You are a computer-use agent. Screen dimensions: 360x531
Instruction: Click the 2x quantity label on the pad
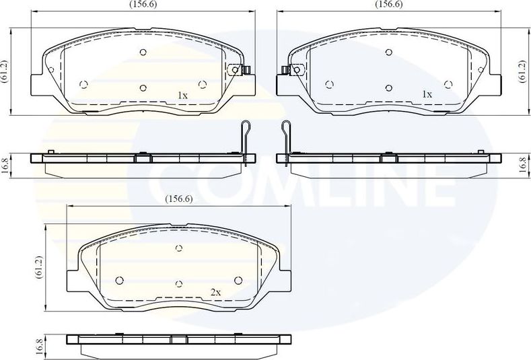click(x=215, y=293)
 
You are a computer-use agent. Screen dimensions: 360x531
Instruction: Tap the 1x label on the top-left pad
click(x=182, y=96)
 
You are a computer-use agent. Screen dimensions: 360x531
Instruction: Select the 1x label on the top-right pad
click(x=427, y=95)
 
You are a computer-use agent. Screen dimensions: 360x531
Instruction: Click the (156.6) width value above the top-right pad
click(x=388, y=4)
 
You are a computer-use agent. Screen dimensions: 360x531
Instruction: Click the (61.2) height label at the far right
click(x=522, y=71)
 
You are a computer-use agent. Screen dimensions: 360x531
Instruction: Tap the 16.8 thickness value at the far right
click(x=522, y=166)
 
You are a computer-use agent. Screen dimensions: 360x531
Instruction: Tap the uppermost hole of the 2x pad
click(x=178, y=249)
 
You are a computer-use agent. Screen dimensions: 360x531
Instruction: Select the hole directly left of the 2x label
click(x=178, y=283)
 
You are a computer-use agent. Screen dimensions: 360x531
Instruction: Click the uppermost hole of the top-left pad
click(x=143, y=52)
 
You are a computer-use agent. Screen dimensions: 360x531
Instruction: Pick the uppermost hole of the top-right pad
click(x=388, y=52)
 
